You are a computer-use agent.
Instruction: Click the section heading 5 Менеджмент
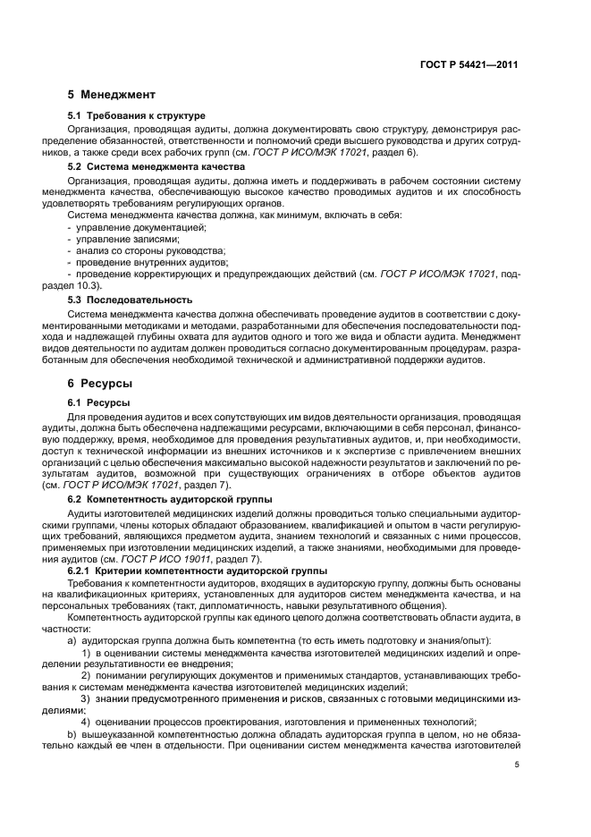click(112, 95)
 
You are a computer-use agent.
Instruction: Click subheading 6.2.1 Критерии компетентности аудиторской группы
click(185, 571)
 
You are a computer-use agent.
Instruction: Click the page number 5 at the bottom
click(517, 765)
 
